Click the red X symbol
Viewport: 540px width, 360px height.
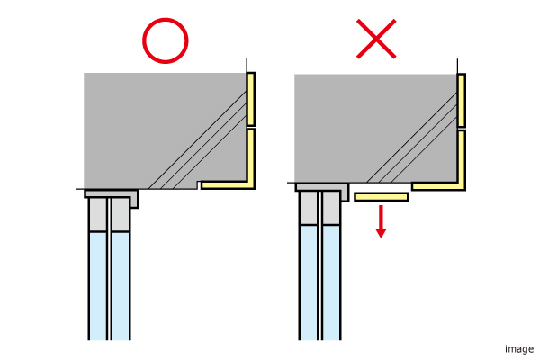(376, 39)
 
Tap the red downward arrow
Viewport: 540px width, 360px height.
(381, 221)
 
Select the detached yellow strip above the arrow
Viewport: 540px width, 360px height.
(382, 197)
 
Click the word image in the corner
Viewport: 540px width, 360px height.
(519, 349)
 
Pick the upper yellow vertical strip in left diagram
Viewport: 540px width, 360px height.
(251, 99)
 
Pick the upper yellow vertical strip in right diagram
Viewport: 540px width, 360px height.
(462, 101)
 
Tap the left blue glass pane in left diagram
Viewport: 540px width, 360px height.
(98, 286)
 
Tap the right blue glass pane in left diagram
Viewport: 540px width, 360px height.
(121, 286)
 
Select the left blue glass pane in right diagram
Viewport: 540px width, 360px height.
(309, 283)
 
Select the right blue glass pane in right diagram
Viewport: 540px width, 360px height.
(331, 283)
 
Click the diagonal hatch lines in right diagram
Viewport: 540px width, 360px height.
(412, 138)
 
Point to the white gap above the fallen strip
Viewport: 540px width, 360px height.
(381, 187)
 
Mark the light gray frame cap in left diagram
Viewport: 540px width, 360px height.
(112, 194)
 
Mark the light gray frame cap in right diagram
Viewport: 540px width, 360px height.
(322, 188)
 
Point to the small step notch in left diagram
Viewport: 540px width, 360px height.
(199, 185)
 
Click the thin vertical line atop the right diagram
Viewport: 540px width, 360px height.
(457, 66)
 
